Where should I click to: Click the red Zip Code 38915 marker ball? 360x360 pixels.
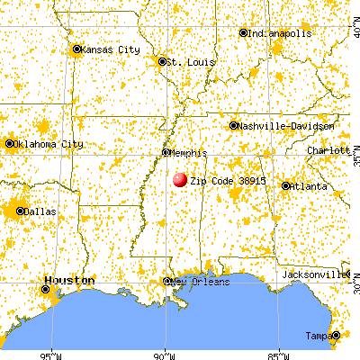tap(180, 179)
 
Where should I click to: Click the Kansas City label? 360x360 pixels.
tap(112, 49)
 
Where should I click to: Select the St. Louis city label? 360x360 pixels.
tap(179, 62)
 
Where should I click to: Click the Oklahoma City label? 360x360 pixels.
tap(50, 144)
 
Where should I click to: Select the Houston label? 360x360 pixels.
tap(67, 280)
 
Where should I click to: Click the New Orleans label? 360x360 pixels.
tap(201, 282)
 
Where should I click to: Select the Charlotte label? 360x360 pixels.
tap(328, 152)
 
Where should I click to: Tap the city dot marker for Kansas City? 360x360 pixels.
tap(76, 49)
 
